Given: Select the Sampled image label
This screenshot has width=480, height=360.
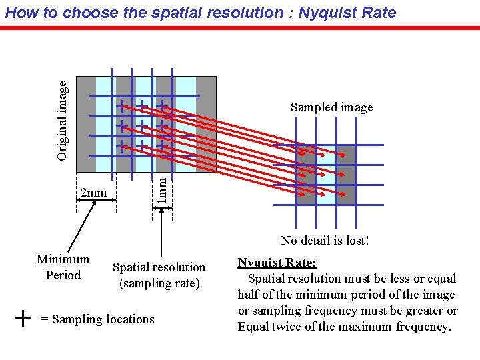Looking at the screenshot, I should [x=331, y=107].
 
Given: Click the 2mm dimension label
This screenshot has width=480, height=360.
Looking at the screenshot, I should [x=93, y=193].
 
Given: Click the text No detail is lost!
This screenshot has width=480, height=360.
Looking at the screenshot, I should [x=325, y=241].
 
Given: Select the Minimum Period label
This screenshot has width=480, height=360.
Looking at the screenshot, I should [x=63, y=267].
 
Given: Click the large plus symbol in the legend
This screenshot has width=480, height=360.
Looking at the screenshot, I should [x=23, y=319].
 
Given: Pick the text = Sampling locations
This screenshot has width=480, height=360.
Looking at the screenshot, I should [x=97, y=319].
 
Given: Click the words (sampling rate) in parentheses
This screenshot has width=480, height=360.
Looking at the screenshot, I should [x=159, y=283].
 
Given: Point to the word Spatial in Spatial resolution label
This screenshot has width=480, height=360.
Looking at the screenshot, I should [x=131, y=267].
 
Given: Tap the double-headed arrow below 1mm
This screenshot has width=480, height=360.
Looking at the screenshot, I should [x=162, y=209].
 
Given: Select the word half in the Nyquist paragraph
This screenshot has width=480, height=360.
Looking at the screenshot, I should [x=250, y=295].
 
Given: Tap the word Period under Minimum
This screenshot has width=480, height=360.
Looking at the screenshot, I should [x=63, y=275].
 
